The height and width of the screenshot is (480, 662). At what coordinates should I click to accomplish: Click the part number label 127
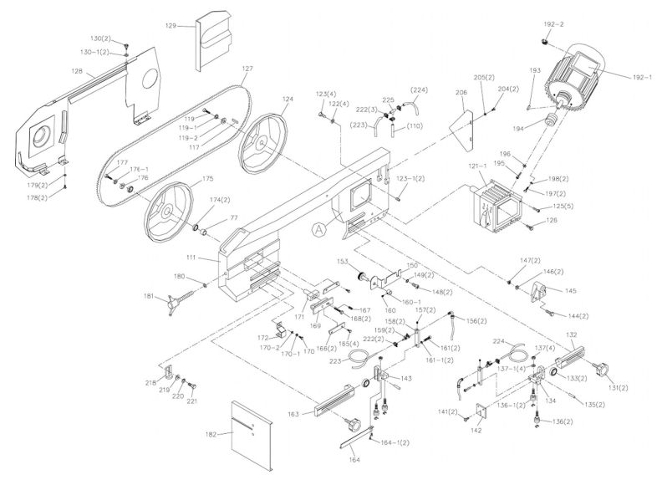coord(247,68)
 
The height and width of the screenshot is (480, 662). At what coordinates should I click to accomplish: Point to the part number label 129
coord(171,27)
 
